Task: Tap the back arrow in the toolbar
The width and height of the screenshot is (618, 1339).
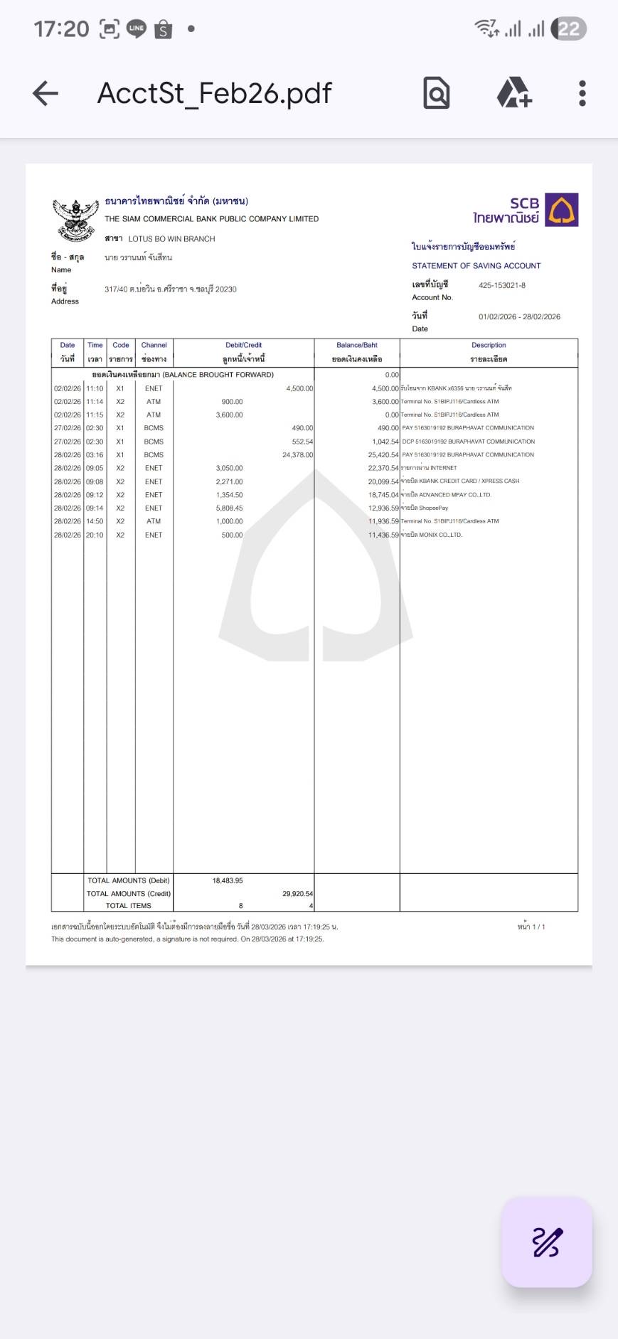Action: pyautogui.click(x=46, y=93)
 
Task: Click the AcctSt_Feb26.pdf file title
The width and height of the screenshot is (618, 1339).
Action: pyautogui.click(x=214, y=93)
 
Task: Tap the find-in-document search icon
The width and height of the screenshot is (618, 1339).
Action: pyautogui.click(x=436, y=93)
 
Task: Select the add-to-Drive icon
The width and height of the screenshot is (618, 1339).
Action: pyautogui.click(x=513, y=93)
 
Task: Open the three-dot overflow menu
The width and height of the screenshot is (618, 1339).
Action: pyautogui.click(x=582, y=93)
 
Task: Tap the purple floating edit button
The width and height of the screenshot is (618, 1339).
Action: pyautogui.click(x=547, y=1242)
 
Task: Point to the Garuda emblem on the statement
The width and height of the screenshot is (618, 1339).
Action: pyautogui.click(x=75, y=219)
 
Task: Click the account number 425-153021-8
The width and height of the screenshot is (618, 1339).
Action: pyautogui.click(x=502, y=285)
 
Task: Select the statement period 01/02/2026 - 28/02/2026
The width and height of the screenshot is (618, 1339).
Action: pyautogui.click(x=519, y=316)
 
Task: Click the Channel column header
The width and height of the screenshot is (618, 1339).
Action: pyautogui.click(x=154, y=345)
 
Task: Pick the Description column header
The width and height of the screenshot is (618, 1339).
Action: pyautogui.click(x=489, y=345)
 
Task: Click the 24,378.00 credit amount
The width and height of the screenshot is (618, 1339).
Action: pyautogui.click(x=297, y=454)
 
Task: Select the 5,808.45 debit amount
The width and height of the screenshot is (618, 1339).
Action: pyautogui.click(x=229, y=508)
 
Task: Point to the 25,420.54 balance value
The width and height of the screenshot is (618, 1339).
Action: pyautogui.click(x=383, y=454)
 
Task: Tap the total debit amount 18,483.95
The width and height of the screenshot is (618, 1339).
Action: pyautogui.click(x=228, y=880)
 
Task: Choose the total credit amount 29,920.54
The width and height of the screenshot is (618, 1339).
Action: pyautogui.click(x=297, y=893)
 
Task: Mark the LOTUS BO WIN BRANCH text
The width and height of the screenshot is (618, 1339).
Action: pyautogui.click(x=171, y=239)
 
